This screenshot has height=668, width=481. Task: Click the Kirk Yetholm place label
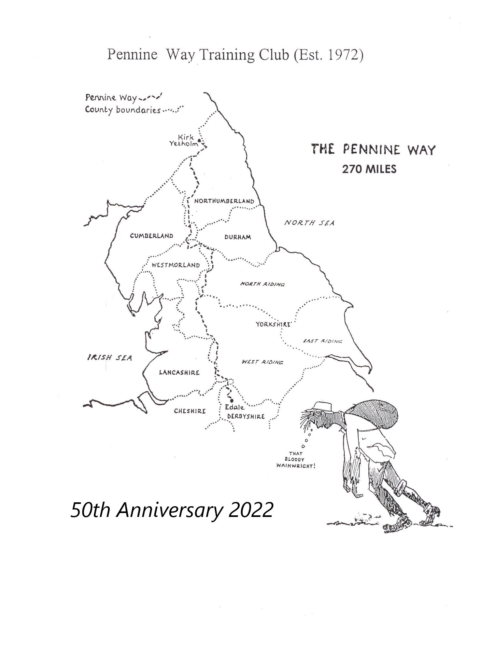click(184, 140)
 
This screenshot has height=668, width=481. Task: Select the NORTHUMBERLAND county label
click(224, 201)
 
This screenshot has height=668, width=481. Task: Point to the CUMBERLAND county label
click(151, 236)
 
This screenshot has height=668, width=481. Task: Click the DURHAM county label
click(238, 237)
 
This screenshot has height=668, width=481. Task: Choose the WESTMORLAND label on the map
click(176, 265)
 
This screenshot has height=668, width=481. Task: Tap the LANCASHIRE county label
click(179, 372)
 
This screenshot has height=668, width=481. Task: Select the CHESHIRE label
click(190, 411)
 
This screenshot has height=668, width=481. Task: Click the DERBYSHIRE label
click(246, 416)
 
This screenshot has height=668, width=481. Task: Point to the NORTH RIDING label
click(262, 284)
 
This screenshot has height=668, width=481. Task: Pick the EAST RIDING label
click(323, 341)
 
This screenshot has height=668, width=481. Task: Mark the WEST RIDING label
click(262, 362)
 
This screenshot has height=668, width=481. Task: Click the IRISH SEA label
click(109, 357)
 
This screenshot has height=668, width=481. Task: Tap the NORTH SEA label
click(309, 223)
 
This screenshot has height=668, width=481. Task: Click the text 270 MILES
click(369, 169)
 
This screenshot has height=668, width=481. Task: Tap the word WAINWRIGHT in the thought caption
click(296, 466)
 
